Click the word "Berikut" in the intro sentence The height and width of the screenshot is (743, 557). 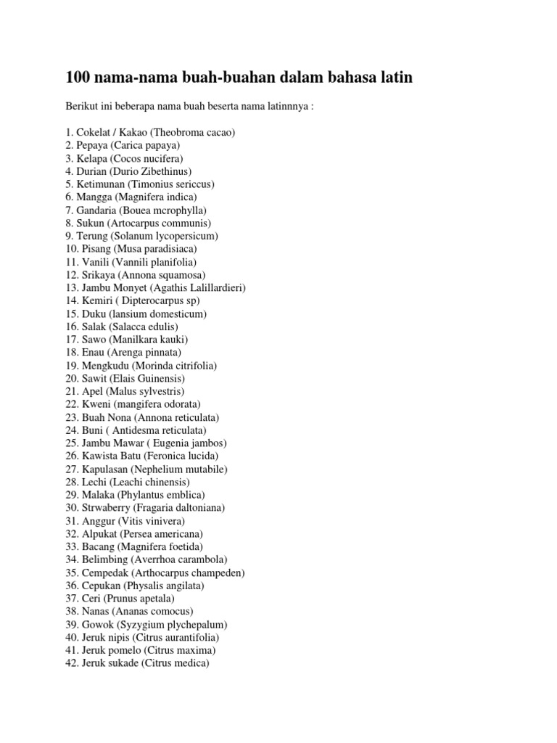(x=82, y=107)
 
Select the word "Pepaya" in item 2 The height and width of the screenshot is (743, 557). (x=93, y=145)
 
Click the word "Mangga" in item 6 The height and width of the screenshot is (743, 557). (x=94, y=197)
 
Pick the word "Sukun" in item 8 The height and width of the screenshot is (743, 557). (x=91, y=223)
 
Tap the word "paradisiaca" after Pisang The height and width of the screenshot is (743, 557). (x=172, y=249)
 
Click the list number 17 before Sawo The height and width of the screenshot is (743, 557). (x=71, y=339)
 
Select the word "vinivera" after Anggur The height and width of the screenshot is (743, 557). (x=165, y=520)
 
